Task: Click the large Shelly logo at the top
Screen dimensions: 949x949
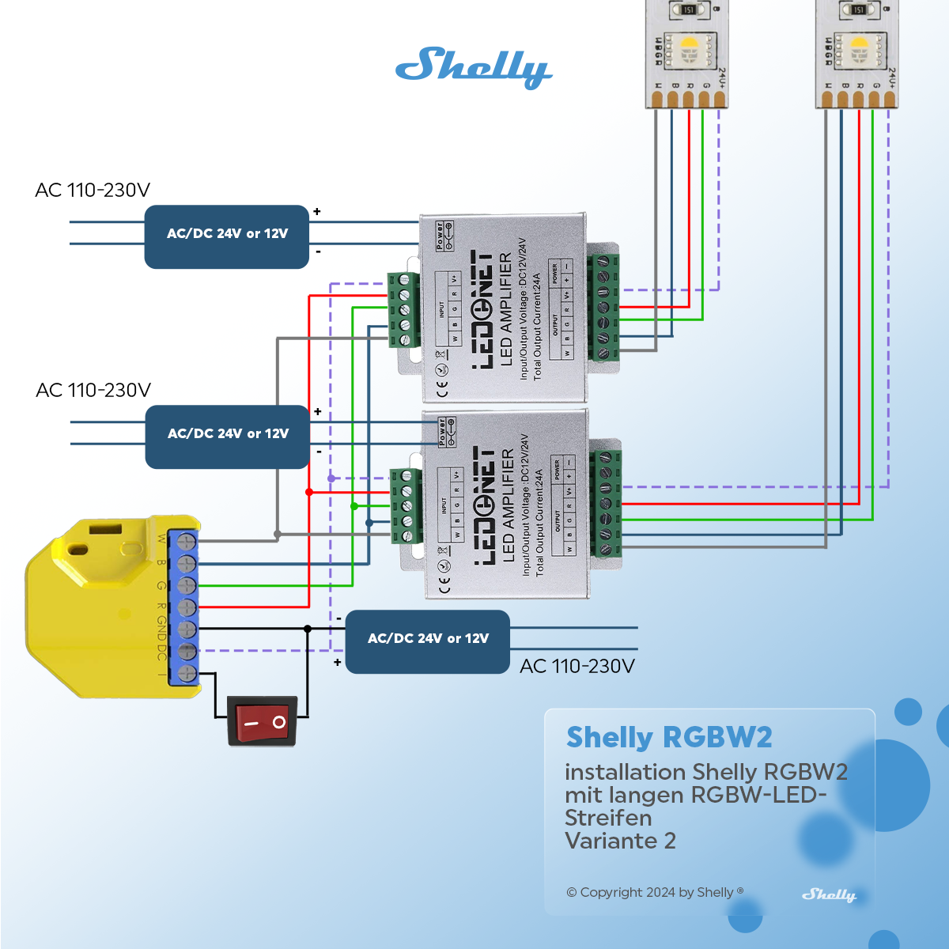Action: pyautogui.click(x=473, y=68)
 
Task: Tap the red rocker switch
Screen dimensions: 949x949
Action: pyautogui.click(x=262, y=720)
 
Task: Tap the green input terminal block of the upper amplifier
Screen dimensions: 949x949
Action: pyautogui.click(x=403, y=309)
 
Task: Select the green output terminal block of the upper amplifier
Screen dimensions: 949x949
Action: pyautogui.click(x=603, y=307)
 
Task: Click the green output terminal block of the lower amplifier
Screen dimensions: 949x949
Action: pyautogui.click(x=606, y=502)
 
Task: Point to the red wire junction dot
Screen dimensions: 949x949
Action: pyautogui.click(x=309, y=492)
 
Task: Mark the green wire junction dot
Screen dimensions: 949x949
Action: pyautogui.click(x=354, y=506)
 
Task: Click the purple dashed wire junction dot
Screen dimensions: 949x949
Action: pyautogui.click(x=331, y=478)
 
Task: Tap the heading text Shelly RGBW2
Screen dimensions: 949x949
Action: pyautogui.click(x=669, y=738)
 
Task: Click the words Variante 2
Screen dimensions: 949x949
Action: pyautogui.click(x=620, y=841)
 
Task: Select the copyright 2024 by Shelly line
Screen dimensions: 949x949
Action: pyautogui.click(x=655, y=892)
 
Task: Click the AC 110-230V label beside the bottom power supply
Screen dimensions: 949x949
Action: pyautogui.click(x=577, y=667)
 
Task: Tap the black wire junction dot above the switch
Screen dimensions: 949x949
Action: pyautogui.click(x=308, y=629)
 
